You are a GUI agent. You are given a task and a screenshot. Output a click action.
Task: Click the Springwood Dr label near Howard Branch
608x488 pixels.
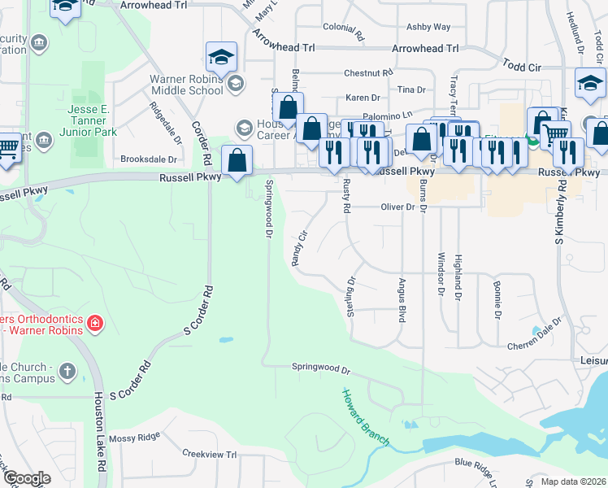[321, 368]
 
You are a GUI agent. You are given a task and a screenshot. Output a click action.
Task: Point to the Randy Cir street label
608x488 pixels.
[300, 248]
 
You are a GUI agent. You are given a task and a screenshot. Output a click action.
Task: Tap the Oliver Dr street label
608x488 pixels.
[398, 207]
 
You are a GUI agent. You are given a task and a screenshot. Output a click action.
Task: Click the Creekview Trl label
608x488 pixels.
[209, 454]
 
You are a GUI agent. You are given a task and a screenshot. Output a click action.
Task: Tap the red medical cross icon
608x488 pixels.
[95, 324]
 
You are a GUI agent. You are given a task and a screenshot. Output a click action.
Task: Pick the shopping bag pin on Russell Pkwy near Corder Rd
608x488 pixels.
[237, 159]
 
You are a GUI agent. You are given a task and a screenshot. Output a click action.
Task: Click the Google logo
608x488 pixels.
[27, 478]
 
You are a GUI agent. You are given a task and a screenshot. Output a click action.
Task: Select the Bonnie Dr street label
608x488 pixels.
[496, 298]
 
